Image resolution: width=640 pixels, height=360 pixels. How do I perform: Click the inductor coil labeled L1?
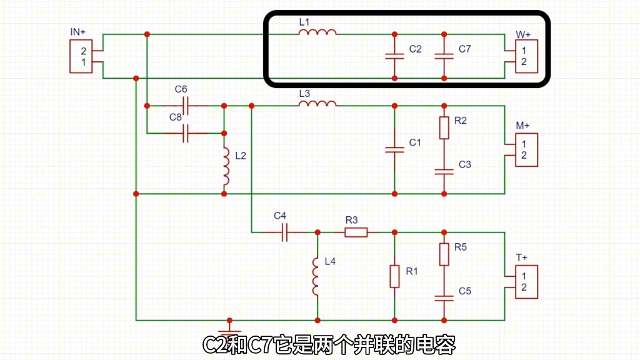(317, 32)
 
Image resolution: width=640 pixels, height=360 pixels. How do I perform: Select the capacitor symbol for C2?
(394, 56)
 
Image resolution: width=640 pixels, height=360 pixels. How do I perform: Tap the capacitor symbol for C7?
(444, 56)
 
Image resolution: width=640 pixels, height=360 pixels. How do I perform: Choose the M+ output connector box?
(524, 150)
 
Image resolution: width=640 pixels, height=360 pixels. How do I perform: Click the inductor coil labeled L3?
(317, 104)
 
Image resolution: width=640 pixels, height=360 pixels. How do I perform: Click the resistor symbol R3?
(356, 232)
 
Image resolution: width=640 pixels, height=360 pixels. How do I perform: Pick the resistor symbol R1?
(394, 276)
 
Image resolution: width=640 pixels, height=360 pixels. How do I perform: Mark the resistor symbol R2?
(444, 127)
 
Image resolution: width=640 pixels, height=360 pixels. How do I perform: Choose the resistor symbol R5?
(444, 254)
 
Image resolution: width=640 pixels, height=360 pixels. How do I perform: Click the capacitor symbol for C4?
(284, 232)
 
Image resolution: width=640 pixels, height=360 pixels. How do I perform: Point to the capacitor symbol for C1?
(394, 149)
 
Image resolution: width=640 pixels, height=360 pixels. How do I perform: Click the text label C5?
(464, 291)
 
